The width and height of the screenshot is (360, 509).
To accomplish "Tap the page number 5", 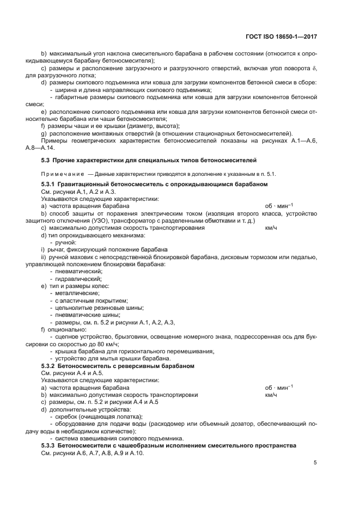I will pyautogui.click(x=315, y=463).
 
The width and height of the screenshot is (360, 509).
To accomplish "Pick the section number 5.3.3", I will pyautogui.click(x=50, y=445).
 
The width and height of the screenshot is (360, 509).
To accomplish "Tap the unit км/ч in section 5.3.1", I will pyautogui.click(x=271, y=228).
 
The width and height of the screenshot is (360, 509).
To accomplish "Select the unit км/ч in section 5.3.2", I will pyautogui.click(x=271, y=394).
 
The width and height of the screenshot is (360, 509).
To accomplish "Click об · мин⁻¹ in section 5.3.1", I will pyautogui.click(x=278, y=206).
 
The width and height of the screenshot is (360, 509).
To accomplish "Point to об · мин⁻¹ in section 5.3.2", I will pyautogui.click(x=278, y=387).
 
